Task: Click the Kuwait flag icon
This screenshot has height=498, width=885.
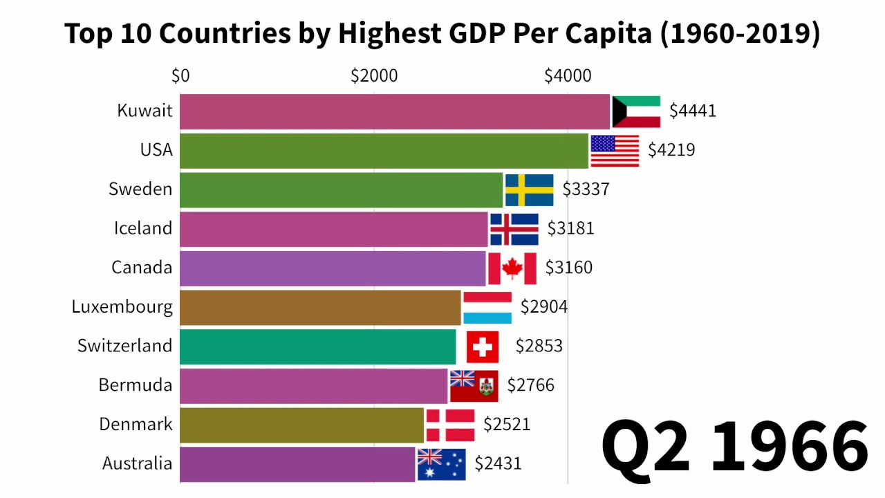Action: click(x=636, y=111)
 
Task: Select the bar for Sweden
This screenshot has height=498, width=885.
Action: click(x=341, y=190)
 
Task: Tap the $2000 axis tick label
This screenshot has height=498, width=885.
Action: click(x=374, y=75)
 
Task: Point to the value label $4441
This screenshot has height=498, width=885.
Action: click(x=693, y=111)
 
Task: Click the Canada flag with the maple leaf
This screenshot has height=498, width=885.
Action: click(x=512, y=268)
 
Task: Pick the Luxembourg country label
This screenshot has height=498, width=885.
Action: click(x=122, y=306)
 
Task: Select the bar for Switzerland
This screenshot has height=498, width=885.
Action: click(x=318, y=347)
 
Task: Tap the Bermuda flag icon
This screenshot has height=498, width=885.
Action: click(x=474, y=386)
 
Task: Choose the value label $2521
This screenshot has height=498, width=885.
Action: click(x=507, y=424)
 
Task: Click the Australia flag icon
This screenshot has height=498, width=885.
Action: click(x=441, y=464)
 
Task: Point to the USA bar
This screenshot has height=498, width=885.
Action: click(x=384, y=151)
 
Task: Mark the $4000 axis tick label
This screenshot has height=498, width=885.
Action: click(x=568, y=75)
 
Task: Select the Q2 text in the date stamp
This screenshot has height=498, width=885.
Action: click(x=646, y=446)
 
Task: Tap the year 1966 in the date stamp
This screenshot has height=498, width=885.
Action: click(x=789, y=446)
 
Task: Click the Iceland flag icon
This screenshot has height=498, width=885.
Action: click(x=514, y=229)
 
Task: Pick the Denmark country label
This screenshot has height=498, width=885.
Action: click(x=136, y=424)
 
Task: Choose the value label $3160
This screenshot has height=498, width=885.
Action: click(x=569, y=268)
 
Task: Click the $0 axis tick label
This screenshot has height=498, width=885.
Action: click(x=180, y=75)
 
